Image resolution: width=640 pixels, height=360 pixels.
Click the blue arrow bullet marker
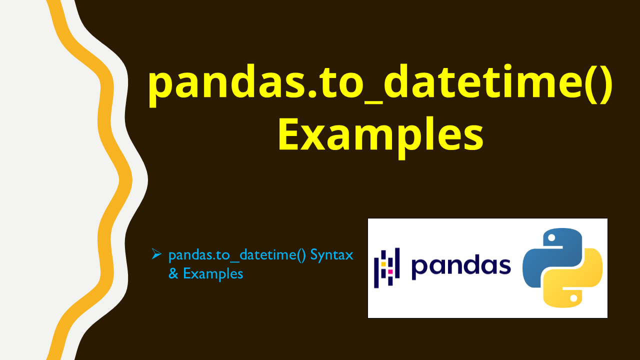[156, 254]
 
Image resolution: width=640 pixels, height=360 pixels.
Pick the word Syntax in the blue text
[331, 255]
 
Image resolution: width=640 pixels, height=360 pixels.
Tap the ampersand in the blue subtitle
[173, 273]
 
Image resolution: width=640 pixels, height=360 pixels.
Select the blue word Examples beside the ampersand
[213, 274]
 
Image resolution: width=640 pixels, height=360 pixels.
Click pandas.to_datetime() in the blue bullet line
[237, 255]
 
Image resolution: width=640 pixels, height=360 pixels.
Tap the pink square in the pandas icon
[390, 272]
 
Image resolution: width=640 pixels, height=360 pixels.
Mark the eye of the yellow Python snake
[574, 298]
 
